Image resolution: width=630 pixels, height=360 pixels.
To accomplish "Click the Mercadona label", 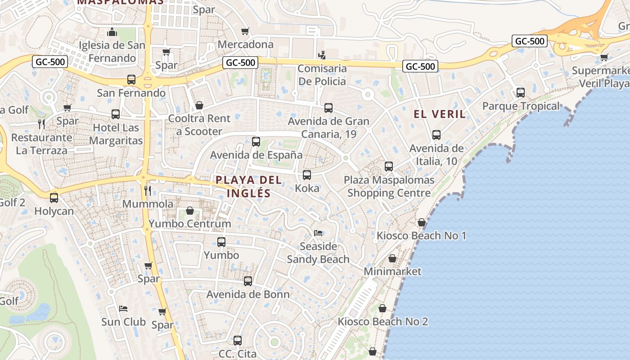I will tap(245, 44).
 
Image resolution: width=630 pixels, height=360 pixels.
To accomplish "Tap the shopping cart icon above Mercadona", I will tap(245, 31).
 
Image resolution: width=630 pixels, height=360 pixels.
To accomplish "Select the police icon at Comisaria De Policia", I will tap(322, 55).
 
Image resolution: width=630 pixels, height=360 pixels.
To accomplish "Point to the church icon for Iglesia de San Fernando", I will tap(112, 32).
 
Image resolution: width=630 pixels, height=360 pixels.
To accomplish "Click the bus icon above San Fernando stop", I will tap(131, 80).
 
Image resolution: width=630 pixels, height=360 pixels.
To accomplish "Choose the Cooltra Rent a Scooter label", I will tap(199, 125).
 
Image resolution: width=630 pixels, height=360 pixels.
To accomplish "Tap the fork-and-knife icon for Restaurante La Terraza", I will tap(41, 124).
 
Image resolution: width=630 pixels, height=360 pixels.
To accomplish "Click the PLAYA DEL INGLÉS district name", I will tap(249, 186).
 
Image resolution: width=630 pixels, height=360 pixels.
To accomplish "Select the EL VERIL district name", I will tap(440, 114).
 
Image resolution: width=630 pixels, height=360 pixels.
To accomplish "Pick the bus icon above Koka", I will tap(307, 175).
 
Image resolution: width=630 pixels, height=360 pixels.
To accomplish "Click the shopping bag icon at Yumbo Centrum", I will tap(190, 211).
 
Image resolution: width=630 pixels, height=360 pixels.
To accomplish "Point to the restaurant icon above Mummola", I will tap(147, 190).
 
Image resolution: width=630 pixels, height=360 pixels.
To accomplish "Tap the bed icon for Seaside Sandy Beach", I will tap(318, 233).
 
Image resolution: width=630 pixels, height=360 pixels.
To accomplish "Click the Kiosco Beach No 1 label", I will tap(421, 235).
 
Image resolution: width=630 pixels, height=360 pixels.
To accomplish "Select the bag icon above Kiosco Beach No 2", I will tap(382, 308).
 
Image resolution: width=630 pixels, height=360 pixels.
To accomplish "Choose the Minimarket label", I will tap(392, 271).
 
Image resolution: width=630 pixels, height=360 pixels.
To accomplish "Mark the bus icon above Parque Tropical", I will tap(521, 93).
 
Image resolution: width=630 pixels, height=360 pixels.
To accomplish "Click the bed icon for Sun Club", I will tap(123, 309).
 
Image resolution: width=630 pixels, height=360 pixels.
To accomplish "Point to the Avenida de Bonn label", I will tap(248, 294).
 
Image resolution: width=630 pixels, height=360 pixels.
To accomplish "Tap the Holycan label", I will tap(54, 211).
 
